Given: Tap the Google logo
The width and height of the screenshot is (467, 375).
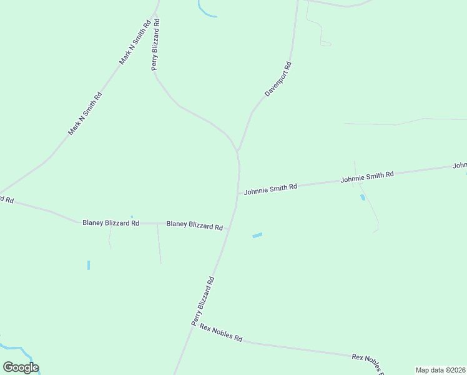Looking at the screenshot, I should point(21,367).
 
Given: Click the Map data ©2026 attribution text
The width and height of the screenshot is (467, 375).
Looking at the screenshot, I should point(441,370).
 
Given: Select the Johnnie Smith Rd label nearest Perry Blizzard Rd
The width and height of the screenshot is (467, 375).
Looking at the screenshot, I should point(270,188).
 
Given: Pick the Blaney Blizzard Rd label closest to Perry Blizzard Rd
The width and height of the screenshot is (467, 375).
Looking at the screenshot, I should point(194,226).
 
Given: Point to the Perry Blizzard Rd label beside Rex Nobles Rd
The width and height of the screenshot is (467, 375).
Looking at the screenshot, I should point(203,301).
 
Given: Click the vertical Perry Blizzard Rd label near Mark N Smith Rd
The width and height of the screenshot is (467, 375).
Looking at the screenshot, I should point(156,44).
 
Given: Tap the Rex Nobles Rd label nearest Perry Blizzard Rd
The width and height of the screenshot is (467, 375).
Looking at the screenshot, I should point(220,332).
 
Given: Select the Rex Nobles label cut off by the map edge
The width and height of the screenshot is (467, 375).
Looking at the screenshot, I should point(366,361).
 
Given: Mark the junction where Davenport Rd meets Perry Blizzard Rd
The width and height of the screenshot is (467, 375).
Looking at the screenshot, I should point(238,151).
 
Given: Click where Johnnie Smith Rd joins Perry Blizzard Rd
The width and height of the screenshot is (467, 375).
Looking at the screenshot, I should point(238,193).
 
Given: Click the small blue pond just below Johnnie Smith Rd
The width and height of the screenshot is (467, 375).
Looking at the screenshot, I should point(363,197).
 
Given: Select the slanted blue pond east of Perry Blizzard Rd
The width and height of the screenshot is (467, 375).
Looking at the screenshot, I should point(257,236).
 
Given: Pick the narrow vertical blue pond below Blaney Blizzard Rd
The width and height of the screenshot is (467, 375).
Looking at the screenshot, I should point(89,265).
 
